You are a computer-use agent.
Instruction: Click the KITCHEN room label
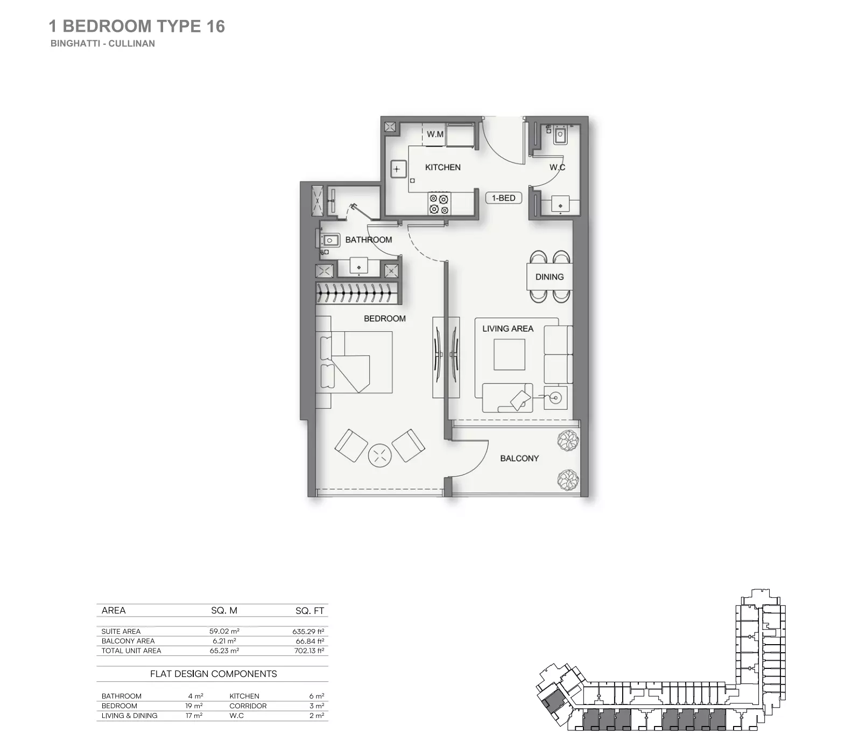(442, 167)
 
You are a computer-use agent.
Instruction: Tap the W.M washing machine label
(435, 134)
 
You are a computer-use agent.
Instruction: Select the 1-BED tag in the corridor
(503, 198)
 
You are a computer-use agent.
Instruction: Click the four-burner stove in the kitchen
(439, 204)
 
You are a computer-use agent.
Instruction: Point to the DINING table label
(549, 277)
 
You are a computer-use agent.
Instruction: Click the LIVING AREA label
(508, 329)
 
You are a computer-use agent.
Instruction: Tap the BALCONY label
(519, 458)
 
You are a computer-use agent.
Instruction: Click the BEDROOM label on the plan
(384, 319)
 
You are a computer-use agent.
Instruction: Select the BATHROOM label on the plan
(368, 240)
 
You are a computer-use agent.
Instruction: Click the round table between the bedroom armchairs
(379, 456)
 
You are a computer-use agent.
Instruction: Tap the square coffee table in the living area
(509, 354)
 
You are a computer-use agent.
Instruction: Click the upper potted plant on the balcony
(568, 440)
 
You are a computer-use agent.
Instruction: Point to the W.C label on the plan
(557, 167)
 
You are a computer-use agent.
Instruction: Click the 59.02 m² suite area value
(224, 631)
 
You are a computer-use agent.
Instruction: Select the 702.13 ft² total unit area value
(309, 651)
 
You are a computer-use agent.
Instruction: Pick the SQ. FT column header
(309, 611)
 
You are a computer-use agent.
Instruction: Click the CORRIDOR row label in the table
(248, 706)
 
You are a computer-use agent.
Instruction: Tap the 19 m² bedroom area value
(194, 706)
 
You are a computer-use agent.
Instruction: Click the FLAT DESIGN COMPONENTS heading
(213, 674)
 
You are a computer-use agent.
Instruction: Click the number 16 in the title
(215, 26)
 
